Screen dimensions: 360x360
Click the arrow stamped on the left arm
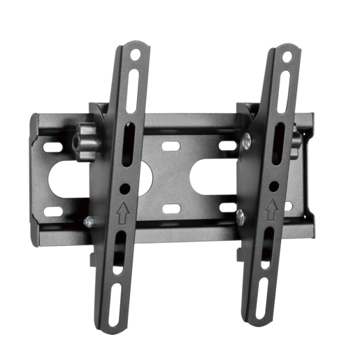(123, 210)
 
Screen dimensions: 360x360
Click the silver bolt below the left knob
(88, 222)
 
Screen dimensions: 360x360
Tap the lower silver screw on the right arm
(240, 214)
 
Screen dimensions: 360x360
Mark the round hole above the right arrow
(273, 186)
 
